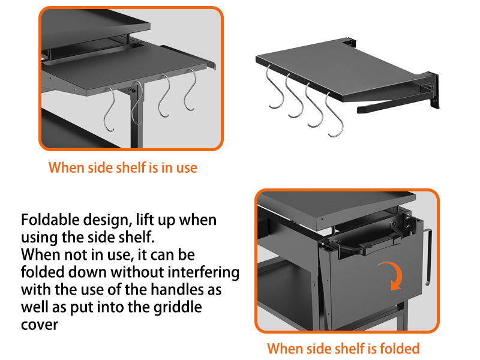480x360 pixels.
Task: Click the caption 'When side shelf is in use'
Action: click(122, 167)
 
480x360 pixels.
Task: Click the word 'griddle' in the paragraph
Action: click(175, 308)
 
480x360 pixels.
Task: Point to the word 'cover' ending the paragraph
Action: click(40, 325)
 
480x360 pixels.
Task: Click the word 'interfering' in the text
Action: click(205, 272)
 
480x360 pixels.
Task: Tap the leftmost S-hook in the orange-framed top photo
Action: click(110, 108)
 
